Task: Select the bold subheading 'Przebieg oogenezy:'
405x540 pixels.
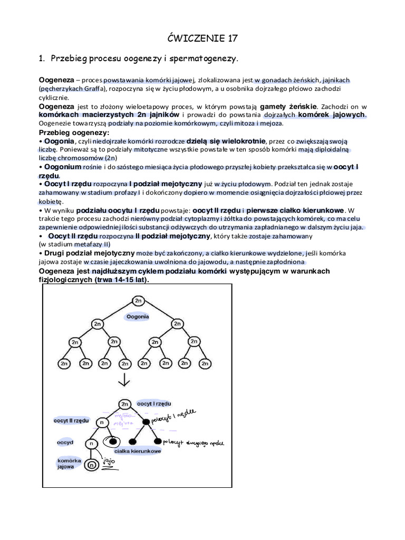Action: [74, 132]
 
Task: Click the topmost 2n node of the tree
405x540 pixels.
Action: [139, 300]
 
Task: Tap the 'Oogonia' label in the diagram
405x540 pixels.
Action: [138, 316]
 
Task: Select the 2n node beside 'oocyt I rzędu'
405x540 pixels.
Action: [124, 404]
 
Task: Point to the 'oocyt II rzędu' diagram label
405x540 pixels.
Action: [71, 420]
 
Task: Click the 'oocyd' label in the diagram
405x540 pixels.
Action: [65, 442]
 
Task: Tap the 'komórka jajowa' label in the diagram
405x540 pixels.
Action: [69, 464]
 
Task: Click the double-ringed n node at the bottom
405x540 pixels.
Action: [92, 465]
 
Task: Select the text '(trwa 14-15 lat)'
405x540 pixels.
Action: [122, 279]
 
